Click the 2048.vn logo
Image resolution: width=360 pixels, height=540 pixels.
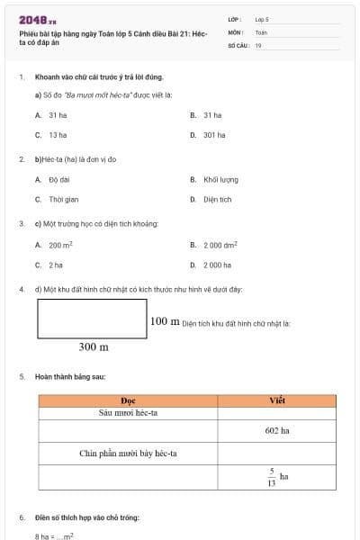tap(38, 19)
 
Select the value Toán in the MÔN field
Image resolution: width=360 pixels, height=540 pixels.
tap(261, 31)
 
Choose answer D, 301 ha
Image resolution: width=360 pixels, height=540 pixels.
tap(214, 135)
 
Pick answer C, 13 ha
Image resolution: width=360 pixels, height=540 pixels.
tap(58, 135)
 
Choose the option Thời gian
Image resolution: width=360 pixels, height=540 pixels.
tap(63, 199)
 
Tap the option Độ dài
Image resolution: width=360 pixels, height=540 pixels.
tap(59, 179)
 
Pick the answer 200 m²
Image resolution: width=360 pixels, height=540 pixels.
tap(60, 245)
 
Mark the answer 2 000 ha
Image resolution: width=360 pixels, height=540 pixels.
tap(217, 265)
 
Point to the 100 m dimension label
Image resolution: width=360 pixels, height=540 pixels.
tap(164, 321)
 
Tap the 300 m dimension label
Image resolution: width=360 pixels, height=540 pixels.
tap(93, 346)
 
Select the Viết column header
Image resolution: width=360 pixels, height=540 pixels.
tap(277, 400)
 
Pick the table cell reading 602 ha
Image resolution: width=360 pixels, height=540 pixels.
tap(277, 431)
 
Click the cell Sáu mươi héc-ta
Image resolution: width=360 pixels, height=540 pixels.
tap(128, 413)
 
